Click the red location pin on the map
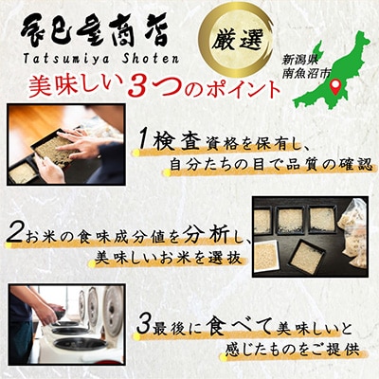point(335,87)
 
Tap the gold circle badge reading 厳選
point(236,40)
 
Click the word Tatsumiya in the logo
point(63,58)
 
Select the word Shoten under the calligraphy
point(146,58)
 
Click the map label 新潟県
point(298,60)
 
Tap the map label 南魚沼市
point(306,73)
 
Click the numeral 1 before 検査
point(144,140)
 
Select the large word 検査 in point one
point(176,141)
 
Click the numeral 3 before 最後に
point(143,326)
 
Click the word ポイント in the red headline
point(243,89)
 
